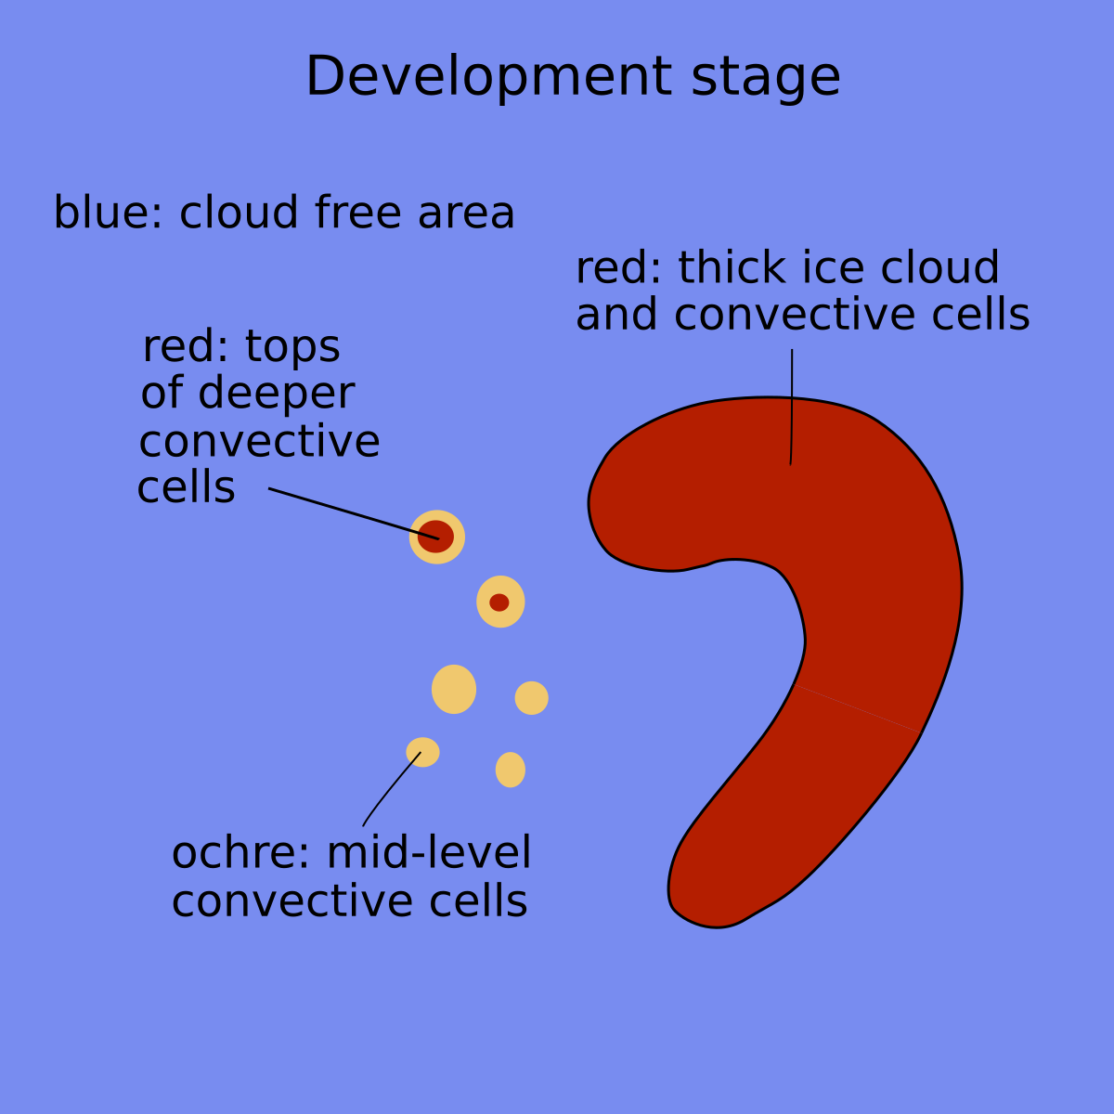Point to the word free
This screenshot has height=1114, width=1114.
(357, 213)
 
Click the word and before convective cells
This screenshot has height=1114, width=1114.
(618, 315)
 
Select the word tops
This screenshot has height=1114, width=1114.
(292, 348)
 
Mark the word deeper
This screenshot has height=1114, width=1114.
(276, 395)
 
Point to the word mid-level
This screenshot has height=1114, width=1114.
(429, 854)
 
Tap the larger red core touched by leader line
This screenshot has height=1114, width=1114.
(435, 537)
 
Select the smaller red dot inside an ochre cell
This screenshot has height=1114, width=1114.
(499, 602)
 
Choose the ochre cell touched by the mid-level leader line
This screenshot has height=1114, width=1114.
(423, 752)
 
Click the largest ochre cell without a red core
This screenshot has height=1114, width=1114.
(454, 689)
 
